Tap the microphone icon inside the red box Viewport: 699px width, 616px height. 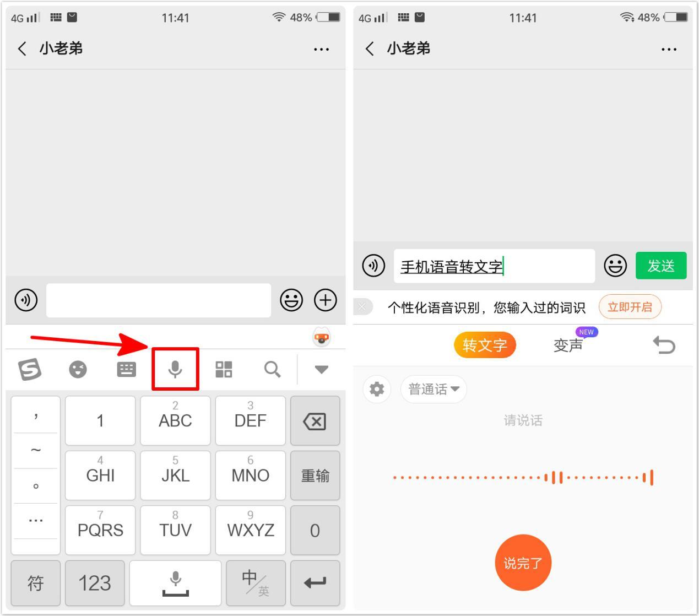pyautogui.click(x=175, y=369)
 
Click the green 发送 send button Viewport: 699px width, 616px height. pyautogui.click(x=660, y=266)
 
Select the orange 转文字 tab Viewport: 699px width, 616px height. pyautogui.click(x=484, y=345)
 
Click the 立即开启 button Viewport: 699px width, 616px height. pyautogui.click(x=630, y=306)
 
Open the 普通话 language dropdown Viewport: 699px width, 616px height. pyautogui.click(x=434, y=389)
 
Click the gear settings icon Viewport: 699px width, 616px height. pyautogui.click(x=376, y=389)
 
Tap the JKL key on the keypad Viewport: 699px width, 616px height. pyautogui.click(x=175, y=475)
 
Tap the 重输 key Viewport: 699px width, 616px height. pyautogui.click(x=315, y=475)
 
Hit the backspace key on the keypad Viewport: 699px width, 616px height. pyautogui.click(x=315, y=420)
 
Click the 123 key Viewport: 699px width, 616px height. pyautogui.click(x=95, y=583)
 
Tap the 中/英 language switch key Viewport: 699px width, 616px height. pyautogui.click(x=256, y=583)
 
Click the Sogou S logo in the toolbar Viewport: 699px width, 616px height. pyautogui.click(x=30, y=369)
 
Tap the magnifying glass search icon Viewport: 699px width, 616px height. pyautogui.click(x=272, y=369)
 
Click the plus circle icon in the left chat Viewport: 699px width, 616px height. pyautogui.click(x=325, y=300)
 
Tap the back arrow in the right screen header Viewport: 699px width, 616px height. pyautogui.click(x=370, y=48)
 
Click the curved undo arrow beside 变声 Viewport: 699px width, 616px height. pyautogui.click(x=664, y=345)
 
